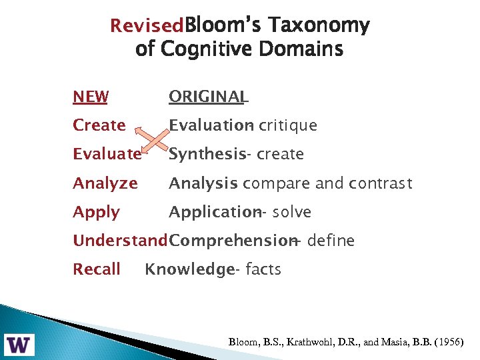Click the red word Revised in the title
[x=146, y=26]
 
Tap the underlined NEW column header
[x=91, y=97]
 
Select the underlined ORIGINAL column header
[x=208, y=97]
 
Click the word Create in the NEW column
[x=99, y=125]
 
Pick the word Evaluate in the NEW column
[x=107, y=155]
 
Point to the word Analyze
[x=105, y=183]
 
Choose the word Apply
[x=97, y=213]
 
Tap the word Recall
[x=97, y=269]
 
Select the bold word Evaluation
[x=209, y=125]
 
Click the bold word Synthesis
[x=207, y=155]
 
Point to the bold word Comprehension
[x=232, y=241]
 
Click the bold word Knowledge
[x=189, y=269]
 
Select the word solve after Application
[x=291, y=213]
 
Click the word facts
[x=263, y=269]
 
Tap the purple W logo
[x=20, y=344]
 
